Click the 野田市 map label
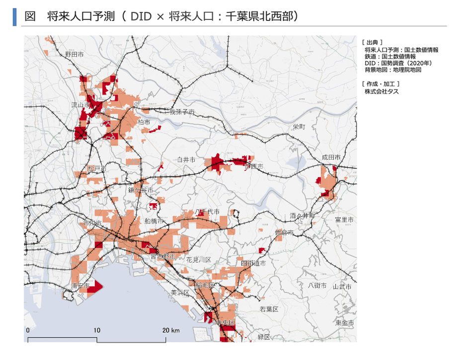tap(74, 54)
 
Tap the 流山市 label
tap(80, 105)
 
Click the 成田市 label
tap(331, 157)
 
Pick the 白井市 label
tap(186, 160)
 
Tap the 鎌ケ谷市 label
tap(140, 190)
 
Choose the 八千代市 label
tap(207, 212)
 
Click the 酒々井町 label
tap(302, 216)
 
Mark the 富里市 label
tap(344, 219)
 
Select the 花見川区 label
tap(199, 260)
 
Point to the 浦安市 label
tap(80, 286)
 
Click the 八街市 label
tap(317, 285)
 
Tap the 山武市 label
tap(342, 287)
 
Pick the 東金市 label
tap(345, 323)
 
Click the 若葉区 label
tap(269, 309)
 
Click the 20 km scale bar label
tap(171, 330)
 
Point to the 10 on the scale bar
tap(97, 330)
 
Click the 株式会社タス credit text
tap(382, 91)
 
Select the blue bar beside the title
tap(15, 16)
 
